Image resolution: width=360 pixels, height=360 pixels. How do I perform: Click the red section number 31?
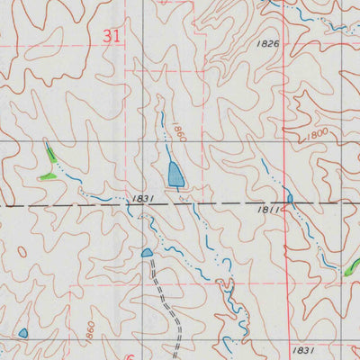click(x=111, y=36)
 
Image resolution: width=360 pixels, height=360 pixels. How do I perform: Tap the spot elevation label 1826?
click(x=267, y=43)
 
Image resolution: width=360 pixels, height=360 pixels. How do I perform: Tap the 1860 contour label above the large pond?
click(x=178, y=133)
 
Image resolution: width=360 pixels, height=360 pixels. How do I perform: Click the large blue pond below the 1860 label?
click(x=175, y=174)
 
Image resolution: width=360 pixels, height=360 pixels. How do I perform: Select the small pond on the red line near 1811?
click(x=290, y=197)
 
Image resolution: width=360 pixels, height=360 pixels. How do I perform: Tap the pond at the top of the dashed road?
click(x=147, y=253)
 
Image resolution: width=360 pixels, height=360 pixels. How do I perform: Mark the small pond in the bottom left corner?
click(x=22, y=333)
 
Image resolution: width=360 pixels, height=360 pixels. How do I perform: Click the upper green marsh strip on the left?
click(x=52, y=154)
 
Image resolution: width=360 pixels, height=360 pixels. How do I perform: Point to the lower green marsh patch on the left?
click(x=46, y=176)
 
